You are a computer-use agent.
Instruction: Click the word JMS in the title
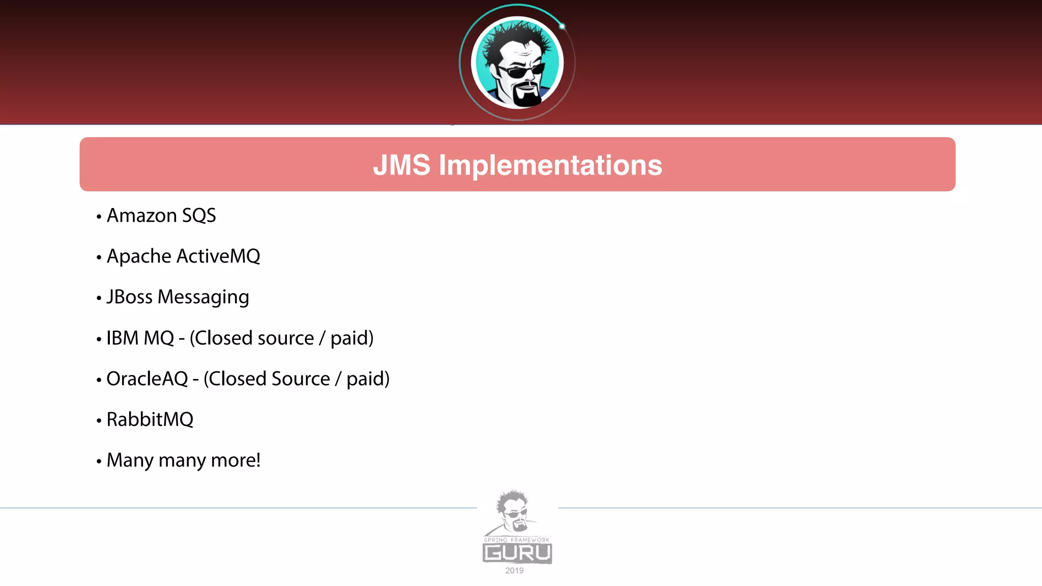pyautogui.click(x=401, y=165)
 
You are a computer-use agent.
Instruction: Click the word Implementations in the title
pyautogui.click(x=550, y=165)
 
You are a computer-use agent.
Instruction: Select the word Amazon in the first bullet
pyautogui.click(x=141, y=216)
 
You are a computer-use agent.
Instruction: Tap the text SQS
pyautogui.click(x=199, y=216)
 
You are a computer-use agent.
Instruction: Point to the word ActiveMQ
pyautogui.click(x=218, y=256)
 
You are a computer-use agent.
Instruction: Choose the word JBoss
pyautogui.click(x=129, y=297)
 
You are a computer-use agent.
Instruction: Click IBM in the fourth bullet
pyautogui.click(x=122, y=338)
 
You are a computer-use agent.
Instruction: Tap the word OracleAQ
pyautogui.click(x=147, y=379)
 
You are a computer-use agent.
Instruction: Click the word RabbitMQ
pyautogui.click(x=150, y=420)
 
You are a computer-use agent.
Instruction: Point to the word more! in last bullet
pyautogui.click(x=236, y=460)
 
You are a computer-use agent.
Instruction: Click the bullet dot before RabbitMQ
pyautogui.click(x=99, y=421)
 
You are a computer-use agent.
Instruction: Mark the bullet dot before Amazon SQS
pyautogui.click(x=99, y=217)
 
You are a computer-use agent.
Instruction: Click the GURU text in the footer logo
pyautogui.click(x=517, y=553)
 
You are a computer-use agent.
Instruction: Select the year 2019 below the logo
pyautogui.click(x=514, y=571)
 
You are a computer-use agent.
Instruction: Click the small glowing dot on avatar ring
pyautogui.click(x=562, y=26)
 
